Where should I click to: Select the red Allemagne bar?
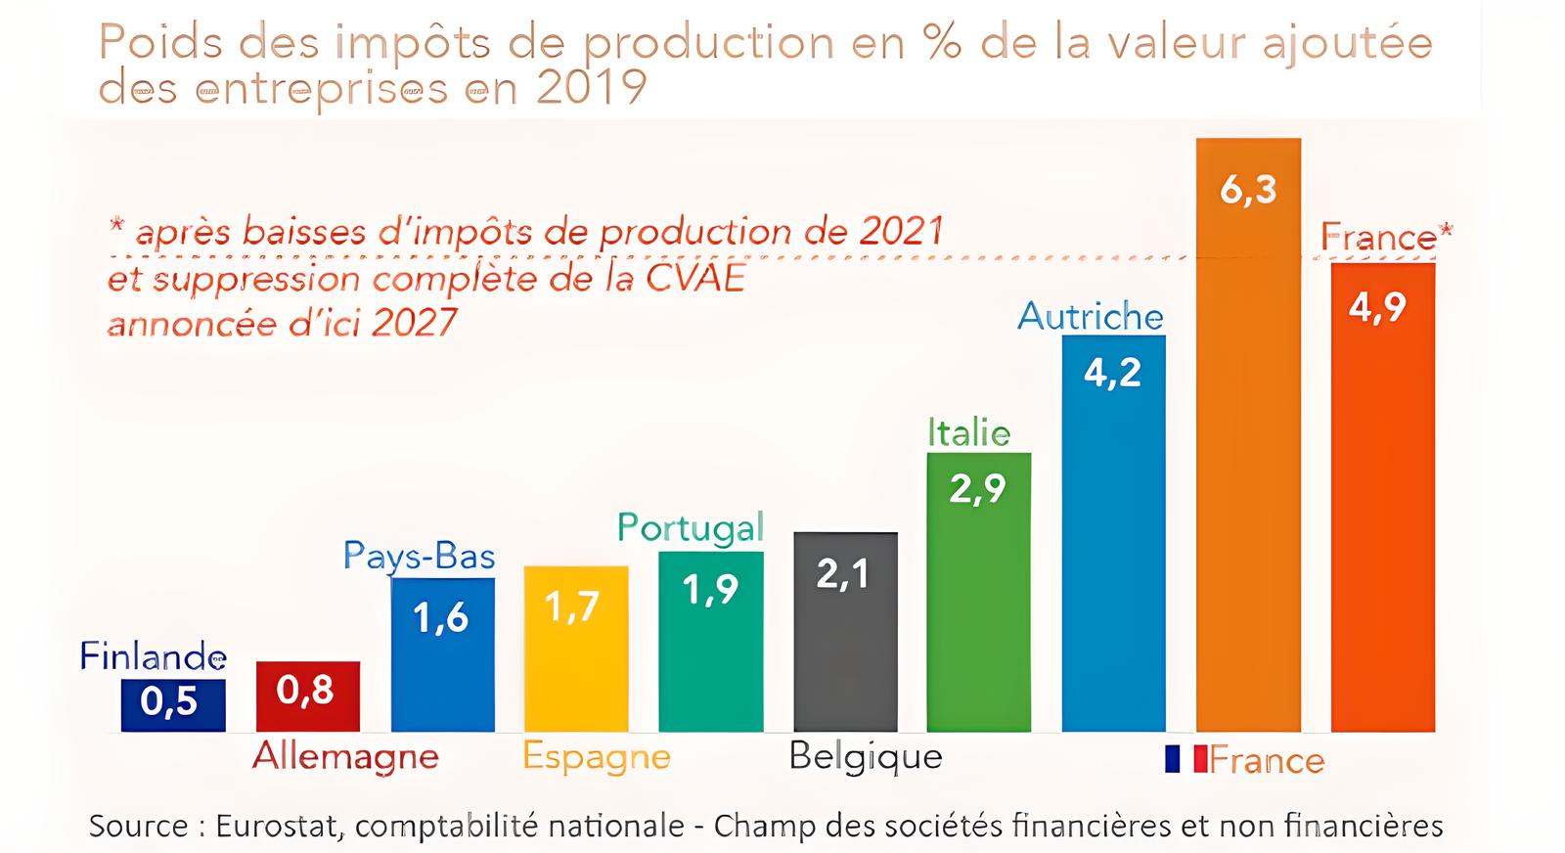click(308, 696)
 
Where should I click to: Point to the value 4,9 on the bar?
click(1377, 307)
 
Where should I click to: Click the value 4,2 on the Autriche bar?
click(1112, 373)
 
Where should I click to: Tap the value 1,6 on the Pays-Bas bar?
click(440, 618)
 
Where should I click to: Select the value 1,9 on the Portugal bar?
click(710, 590)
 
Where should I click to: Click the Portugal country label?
click(690, 528)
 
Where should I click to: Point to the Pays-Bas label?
click(419, 556)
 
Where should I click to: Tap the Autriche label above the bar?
click(1091, 317)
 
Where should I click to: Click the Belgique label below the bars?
click(866, 757)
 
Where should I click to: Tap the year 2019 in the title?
click(591, 88)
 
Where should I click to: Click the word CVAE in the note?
click(695, 278)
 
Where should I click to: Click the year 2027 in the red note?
click(415, 323)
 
